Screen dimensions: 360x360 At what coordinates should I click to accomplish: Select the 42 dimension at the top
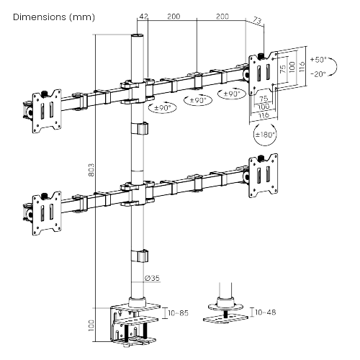click(x=144, y=16)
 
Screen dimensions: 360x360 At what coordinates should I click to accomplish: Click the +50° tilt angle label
click(x=318, y=59)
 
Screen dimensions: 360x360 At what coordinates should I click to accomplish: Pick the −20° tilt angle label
click(x=318, y=73)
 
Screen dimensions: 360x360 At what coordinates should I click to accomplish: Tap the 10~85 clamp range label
click(x=179, y=313)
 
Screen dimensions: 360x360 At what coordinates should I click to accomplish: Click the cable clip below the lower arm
click(x=138, y=256)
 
